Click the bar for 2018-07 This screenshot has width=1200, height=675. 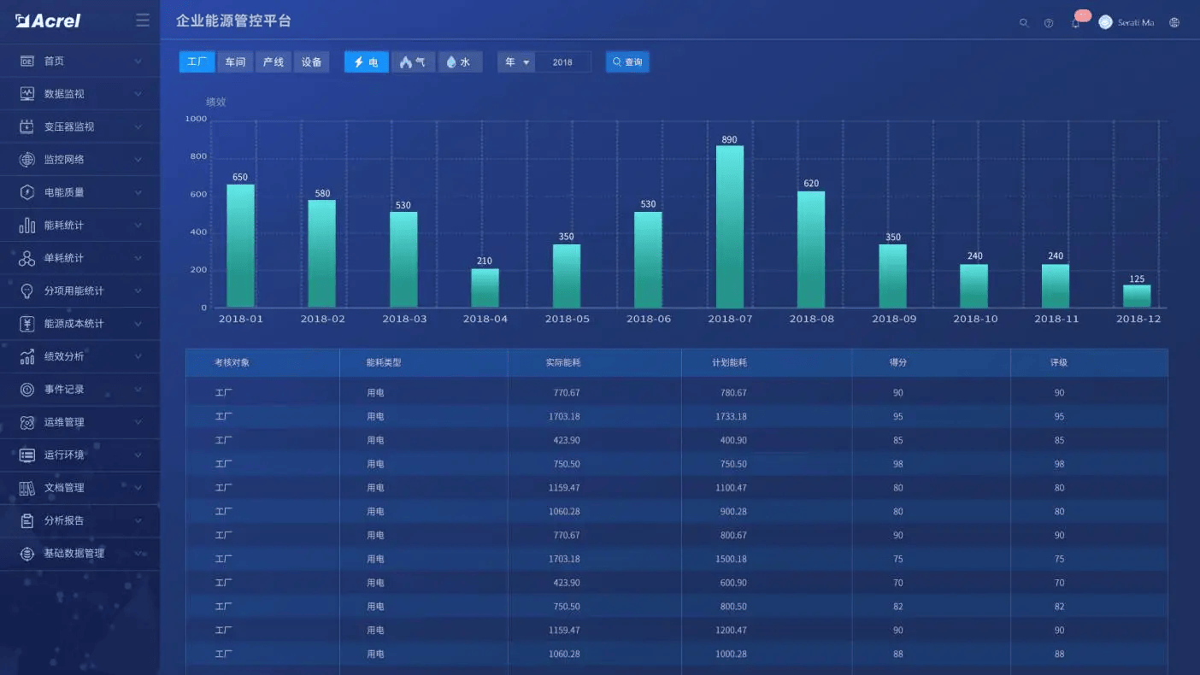click(729, 226)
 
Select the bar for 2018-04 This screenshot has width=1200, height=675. click(485, 288)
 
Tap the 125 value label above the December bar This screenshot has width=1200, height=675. click(1137, 279)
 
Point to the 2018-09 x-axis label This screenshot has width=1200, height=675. click(894, 319)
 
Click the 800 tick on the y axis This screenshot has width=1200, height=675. click(198, 157)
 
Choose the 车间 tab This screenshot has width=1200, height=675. click(235, 62)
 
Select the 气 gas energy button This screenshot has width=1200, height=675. click(413, 62)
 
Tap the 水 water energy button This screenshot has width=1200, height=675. click(460, 62)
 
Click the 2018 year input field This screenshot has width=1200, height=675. click(562, 62)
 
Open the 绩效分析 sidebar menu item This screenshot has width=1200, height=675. click(64, 356)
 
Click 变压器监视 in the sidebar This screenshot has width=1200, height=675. click(69, 126)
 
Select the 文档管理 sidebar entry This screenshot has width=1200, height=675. click(64, 488)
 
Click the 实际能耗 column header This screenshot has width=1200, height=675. click(563, 362)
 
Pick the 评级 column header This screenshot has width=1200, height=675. click(1059, 362)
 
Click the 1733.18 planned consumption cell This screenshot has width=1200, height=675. click(731, 417)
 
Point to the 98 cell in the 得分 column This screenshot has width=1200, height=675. click(897, 464)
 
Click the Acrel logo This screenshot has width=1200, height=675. click(49, 21)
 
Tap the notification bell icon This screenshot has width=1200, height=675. click(1075, 23)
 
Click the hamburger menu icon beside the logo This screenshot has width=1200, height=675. click(143, 21)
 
